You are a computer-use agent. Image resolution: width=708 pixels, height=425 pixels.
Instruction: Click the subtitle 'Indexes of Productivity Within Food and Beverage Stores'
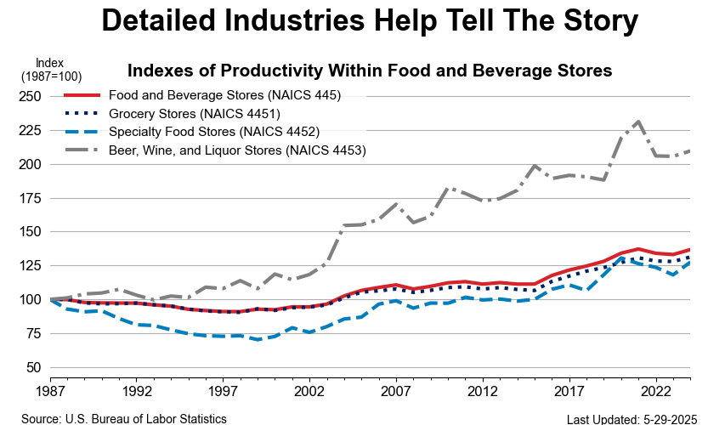click(x=370, y=71)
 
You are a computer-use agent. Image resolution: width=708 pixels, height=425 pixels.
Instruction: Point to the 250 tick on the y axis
click(x=30, y=97)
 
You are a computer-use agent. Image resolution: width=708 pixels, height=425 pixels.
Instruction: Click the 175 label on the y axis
click(x=30, y=198)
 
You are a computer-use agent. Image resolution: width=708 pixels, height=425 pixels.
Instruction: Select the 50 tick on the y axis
click(x=33, y=367)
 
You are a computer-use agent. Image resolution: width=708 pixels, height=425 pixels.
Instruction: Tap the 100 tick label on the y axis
click(x=30, y=300)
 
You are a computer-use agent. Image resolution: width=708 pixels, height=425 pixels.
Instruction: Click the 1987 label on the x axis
click(x=51, y=394)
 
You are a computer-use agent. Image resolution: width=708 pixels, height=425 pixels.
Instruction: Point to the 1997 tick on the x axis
click(x=222, y=394)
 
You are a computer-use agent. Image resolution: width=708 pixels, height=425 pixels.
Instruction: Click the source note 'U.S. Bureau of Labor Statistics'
click(x=124, y=418)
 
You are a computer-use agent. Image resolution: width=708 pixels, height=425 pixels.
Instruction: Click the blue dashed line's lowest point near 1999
click(x=256, y=339)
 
